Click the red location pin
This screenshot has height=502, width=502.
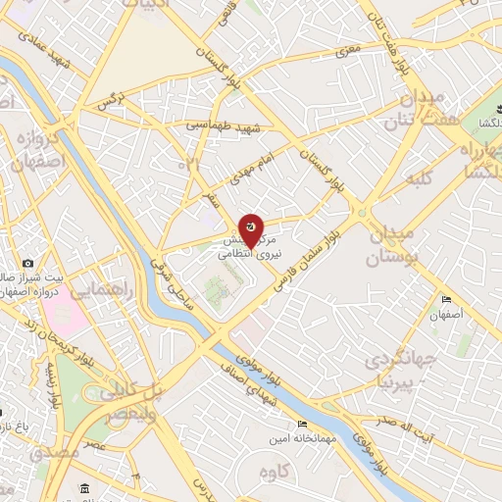252,229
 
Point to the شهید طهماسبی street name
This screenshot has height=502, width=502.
226,126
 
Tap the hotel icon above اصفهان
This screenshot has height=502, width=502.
447,299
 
